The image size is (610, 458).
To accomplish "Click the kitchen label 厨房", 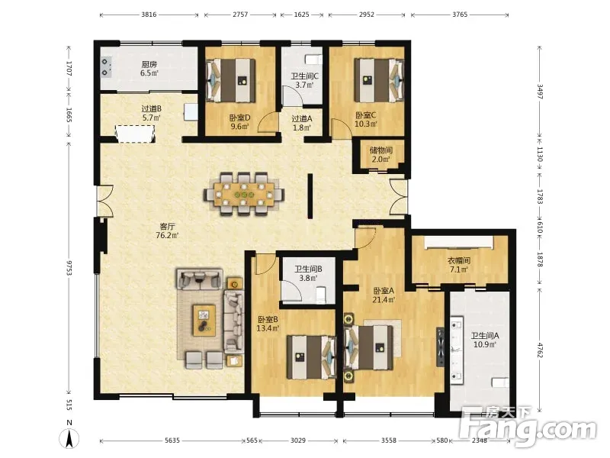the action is pos(149,64).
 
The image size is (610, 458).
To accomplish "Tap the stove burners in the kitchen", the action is pos(106,67).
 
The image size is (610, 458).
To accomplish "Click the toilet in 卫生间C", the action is pos(314,60).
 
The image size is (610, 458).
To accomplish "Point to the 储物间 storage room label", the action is pos(380,150).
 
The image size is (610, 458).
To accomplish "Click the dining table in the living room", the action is pos(244,194).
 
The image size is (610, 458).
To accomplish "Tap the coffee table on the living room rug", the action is pos(204,320).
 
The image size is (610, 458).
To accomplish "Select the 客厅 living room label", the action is pos(167,226).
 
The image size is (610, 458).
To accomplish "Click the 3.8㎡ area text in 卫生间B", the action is pos(308,278).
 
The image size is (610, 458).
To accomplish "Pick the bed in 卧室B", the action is pos(311,356).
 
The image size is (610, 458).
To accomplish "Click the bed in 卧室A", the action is pos(369,347).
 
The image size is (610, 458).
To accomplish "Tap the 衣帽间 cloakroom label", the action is pos(459,260).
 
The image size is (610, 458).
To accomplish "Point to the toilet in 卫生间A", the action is pos(500,382).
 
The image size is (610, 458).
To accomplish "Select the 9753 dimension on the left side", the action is pos(69,268).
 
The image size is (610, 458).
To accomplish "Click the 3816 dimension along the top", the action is pos(149,15).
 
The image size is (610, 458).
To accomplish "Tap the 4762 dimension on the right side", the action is pos(540,350).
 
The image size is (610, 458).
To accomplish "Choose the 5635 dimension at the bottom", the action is pos(172,440).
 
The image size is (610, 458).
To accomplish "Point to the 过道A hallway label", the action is pos(302,118).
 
